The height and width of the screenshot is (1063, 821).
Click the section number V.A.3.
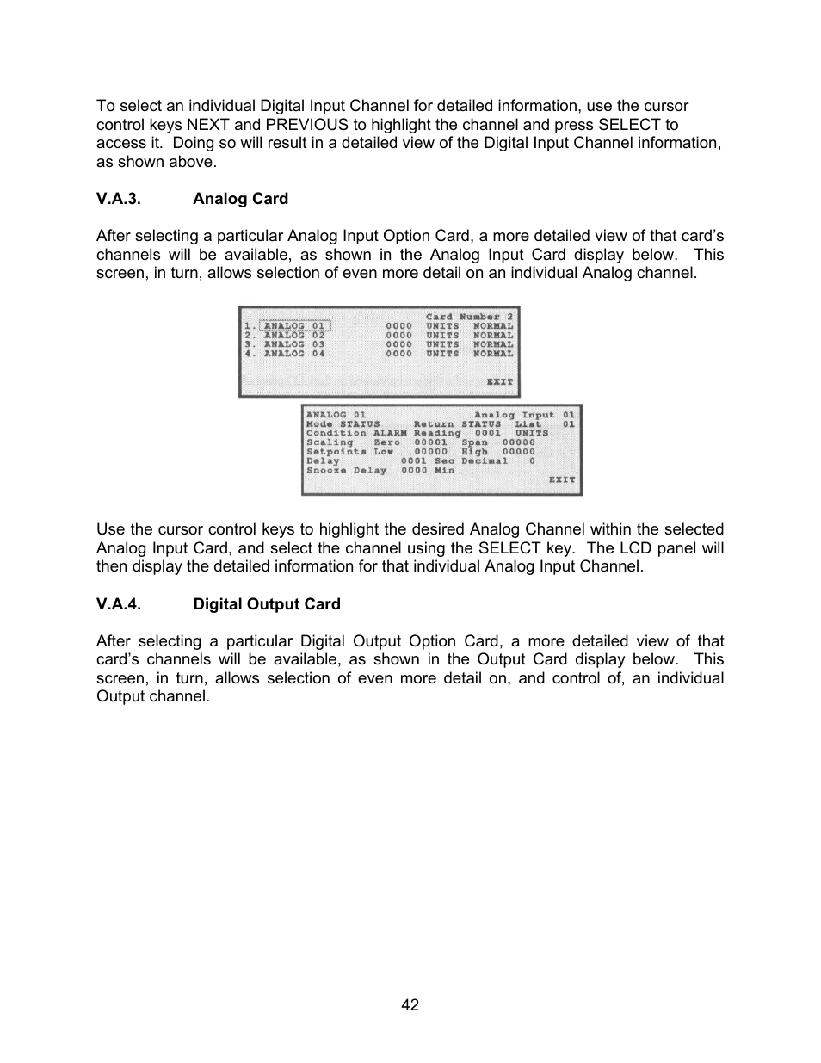(118, 199)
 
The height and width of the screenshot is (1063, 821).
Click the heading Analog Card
(240, 199)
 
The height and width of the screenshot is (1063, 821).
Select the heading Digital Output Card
(266, 604)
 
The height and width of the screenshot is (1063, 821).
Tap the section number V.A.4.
(118, 604)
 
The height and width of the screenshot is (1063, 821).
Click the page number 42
(410, 1005)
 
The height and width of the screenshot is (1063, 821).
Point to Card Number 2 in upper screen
(469, 317)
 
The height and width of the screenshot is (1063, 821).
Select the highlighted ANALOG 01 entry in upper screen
(295, 326)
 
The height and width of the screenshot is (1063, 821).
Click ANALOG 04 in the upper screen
(294, 354)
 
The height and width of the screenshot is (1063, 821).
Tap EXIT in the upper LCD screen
(499, 381)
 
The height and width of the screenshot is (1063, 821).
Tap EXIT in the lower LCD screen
(562, 479)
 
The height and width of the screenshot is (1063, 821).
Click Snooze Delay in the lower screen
(346, 470)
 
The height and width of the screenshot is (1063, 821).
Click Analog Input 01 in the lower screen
(524, 415)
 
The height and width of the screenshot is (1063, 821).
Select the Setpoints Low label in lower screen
(349, 452)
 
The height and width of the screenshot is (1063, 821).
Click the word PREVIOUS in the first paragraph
(306, 125)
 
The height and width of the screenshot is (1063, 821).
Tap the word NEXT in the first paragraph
(209, 125)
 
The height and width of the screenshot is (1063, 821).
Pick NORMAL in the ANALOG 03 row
(492, 344)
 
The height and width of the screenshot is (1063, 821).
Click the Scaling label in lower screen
(330, 442)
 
